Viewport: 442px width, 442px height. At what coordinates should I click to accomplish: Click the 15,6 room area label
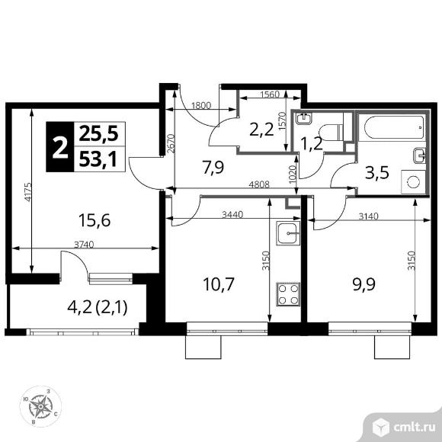tap(94, 221)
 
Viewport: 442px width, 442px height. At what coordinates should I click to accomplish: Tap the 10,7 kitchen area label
tap(219, 284)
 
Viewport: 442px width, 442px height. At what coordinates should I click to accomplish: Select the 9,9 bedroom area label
tap(364, 284)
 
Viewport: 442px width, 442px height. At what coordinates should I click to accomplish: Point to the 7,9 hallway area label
tap(213, 168)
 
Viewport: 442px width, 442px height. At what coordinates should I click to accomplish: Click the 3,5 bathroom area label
tap(377, 173)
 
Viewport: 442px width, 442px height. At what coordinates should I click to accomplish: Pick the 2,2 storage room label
tap(261, 130)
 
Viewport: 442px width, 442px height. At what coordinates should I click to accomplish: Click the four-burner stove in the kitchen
tap(288, 294)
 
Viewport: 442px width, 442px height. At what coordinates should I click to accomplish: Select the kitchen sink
tap(288, 233)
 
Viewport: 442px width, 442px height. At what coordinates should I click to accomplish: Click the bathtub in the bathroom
tap(394, 127)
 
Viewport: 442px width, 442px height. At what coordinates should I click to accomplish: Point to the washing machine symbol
tap(413, 182)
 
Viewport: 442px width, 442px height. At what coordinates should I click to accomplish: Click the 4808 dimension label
tap(259, 184)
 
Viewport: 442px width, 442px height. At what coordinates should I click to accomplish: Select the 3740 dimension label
tap(84, 245)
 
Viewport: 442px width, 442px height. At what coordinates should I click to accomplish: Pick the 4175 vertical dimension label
tap(27, 192)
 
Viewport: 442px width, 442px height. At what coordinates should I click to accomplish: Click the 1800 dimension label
tap(201, 106)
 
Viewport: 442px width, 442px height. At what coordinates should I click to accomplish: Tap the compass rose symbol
tap(40, 406)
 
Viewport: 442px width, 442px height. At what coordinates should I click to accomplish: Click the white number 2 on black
tap(60, 147)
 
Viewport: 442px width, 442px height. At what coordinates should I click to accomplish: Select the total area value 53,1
tap(98, 159)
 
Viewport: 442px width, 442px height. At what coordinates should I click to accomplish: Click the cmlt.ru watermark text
tap(414, 428)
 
